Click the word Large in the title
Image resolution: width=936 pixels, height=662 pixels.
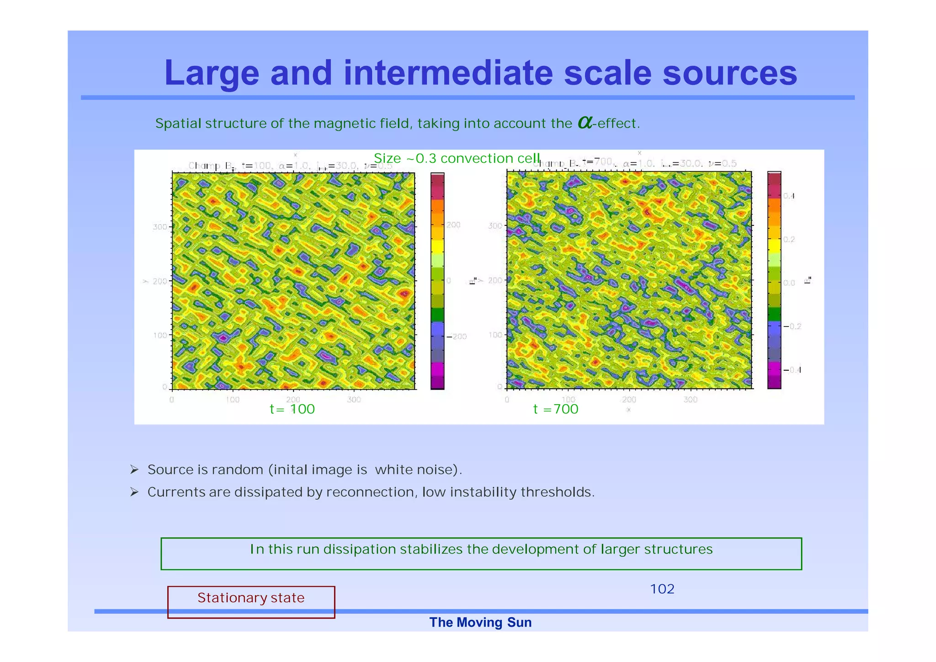[x=211, y=73]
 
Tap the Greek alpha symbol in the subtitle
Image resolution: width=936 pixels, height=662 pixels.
[x=585, y=122]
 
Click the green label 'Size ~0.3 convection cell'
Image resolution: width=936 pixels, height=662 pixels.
[x=457, y=158]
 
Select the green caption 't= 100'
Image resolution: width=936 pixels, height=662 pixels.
[x=292, y=409]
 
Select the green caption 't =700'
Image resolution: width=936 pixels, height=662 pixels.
[x=555, y=409]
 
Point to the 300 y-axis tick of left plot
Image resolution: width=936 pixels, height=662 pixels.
[x=160, y=227]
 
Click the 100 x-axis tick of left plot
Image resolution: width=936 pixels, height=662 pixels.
[x=233, y=400]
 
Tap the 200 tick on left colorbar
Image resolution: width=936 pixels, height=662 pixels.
[x=453, y=225]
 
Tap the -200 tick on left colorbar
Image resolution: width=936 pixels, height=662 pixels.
[x=457, y=336]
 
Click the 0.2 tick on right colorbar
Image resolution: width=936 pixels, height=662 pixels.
[x=789, y=240]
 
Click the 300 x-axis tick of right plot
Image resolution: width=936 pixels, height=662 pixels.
[x=690, y=400]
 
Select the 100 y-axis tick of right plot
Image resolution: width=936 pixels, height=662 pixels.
[x=495, y=335]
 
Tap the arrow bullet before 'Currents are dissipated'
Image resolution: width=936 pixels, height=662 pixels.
[x=134, y=492]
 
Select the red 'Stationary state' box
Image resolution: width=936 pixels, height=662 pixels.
[x=251, y=602]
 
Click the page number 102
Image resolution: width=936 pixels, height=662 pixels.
[x=662, y=589]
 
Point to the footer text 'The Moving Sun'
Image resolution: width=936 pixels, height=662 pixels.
[x=480, y=622]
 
